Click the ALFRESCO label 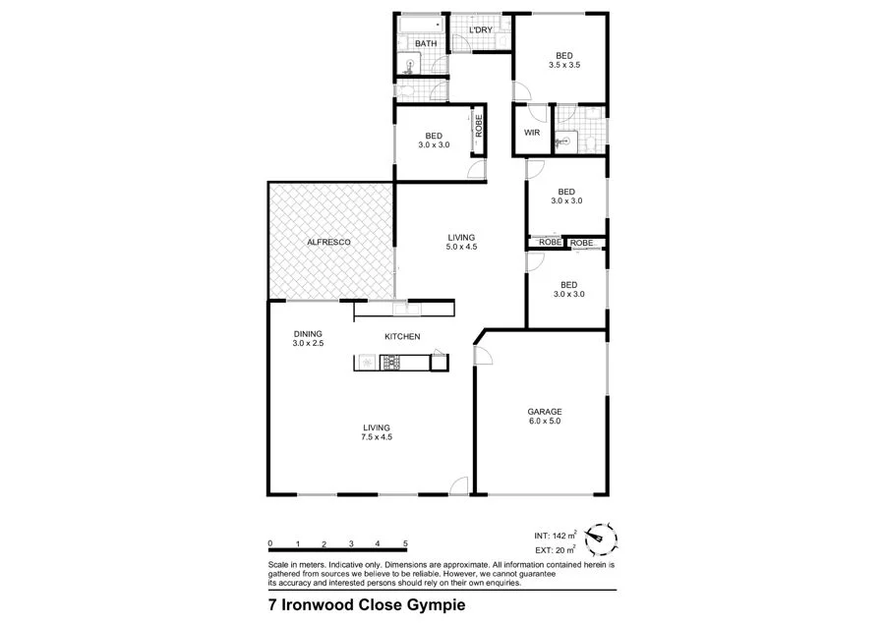point(329,242)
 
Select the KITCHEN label point(402,337)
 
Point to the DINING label point(308,333)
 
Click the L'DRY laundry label point(481,30)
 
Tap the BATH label point(426,44)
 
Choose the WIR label point(532,132)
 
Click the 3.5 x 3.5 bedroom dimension point(563,66)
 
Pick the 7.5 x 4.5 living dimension point(377,438)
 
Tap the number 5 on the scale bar point(405,543)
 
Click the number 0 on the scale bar point(269,543)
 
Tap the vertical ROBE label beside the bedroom point(479,126)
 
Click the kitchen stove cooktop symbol point(389,363)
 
